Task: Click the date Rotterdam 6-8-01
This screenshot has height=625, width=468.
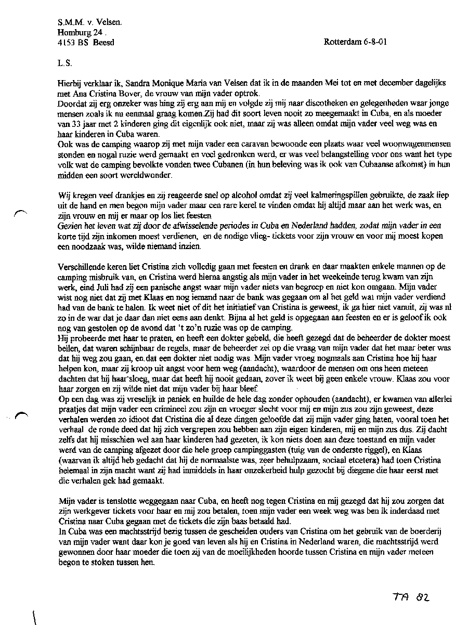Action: (355, 42)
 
